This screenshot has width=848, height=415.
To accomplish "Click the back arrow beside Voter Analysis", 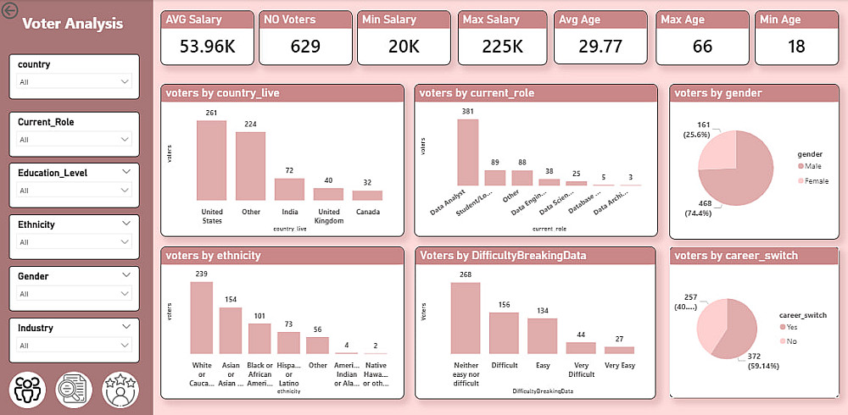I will coord(10,11).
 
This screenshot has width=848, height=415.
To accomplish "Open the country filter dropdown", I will coord(75,81).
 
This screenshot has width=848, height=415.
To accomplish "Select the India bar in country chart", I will coord(289,189).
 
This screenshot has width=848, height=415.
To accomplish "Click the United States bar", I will coord(211,160).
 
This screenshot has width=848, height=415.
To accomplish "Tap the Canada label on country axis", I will coord(367,212).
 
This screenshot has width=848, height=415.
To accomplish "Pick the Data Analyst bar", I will coord(468,152).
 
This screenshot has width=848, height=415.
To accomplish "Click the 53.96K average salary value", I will coord(207,47).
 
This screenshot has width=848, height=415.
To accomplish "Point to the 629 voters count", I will coord(305,47).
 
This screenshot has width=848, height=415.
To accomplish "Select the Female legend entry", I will coord(816,182).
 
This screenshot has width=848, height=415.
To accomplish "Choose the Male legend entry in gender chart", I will coord(812,169).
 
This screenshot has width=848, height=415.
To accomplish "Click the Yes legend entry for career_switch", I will coord(792,327).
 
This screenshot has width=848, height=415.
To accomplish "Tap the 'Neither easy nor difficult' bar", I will coord(466,318).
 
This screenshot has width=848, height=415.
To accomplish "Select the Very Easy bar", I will coord(619,349).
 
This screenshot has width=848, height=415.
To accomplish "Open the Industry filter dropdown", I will coord(75,345).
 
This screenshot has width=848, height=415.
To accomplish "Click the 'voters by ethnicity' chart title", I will coord(214,255).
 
